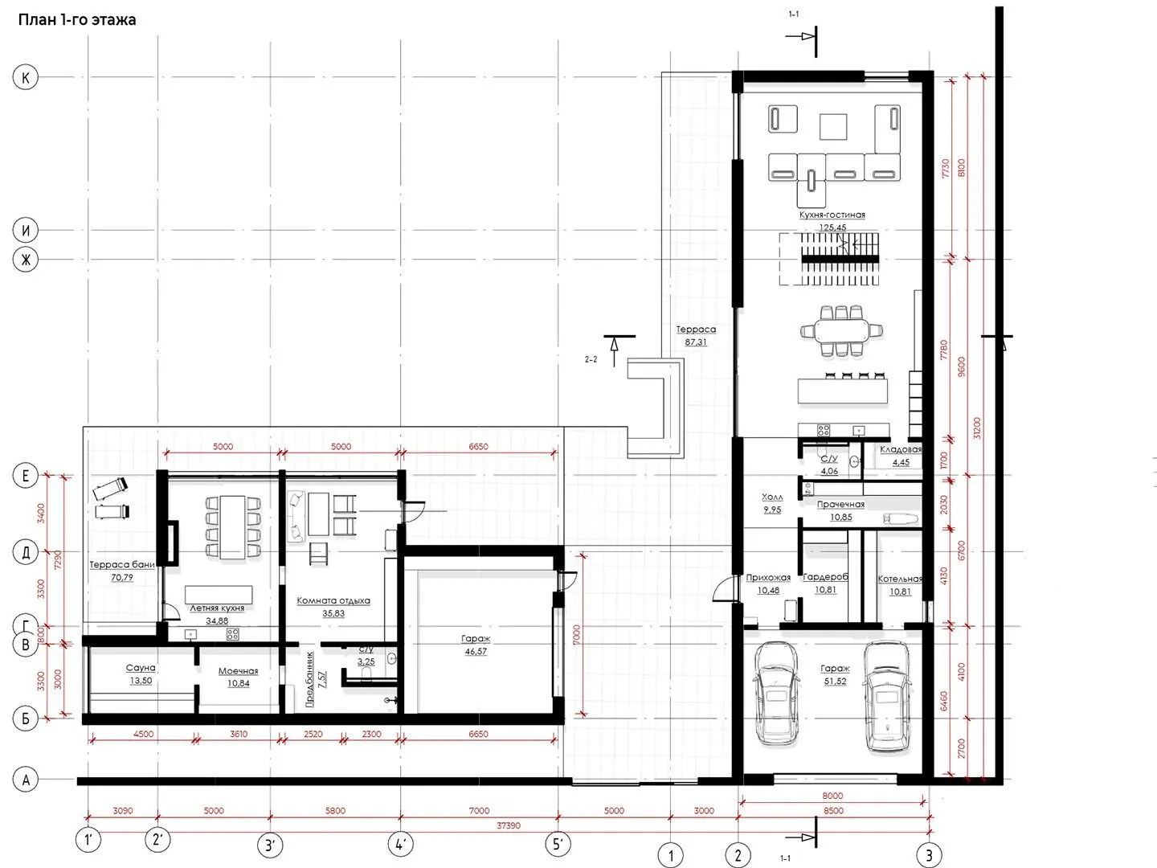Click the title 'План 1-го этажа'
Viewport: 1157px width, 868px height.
tap(77, 20)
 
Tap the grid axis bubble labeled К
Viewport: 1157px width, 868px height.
tap(25, 77)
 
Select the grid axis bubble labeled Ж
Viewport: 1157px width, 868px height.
tap(25, 260)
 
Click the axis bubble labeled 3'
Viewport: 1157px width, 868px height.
tap(270, 845)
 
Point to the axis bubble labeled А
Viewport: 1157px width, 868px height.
tap(25, 780)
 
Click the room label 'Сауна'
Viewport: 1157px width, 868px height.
tap(141, 668)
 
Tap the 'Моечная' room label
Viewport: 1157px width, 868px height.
tap(239, 671)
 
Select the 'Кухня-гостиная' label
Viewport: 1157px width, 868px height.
tap(832, 215)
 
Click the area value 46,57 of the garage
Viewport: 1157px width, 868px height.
tap(476, 651)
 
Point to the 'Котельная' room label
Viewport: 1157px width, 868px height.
tap(900, 579)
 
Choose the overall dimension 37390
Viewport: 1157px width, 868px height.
tap(508, 825)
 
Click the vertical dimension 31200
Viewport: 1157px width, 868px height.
tap(978, 428)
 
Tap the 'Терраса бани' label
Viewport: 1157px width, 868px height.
tap(122, 564)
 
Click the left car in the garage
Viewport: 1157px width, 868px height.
tap(776, 694)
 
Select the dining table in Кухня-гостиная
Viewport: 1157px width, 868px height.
tap(841, 331)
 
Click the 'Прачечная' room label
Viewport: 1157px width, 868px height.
tap(840, 505)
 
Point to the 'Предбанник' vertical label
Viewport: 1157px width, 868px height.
tap(310, 679)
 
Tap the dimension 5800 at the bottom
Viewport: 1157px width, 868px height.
tap(335, 811)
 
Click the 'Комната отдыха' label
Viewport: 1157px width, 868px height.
tap(333, 600)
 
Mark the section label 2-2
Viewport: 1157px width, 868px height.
tap(591, 359)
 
